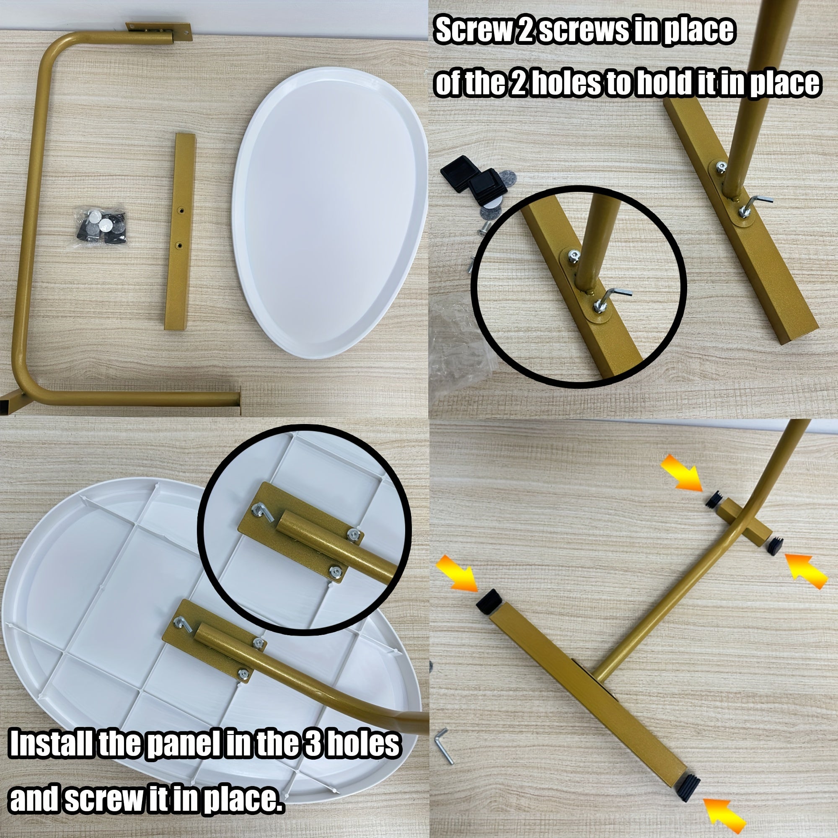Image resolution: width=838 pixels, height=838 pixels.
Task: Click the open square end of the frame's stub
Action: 9,403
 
